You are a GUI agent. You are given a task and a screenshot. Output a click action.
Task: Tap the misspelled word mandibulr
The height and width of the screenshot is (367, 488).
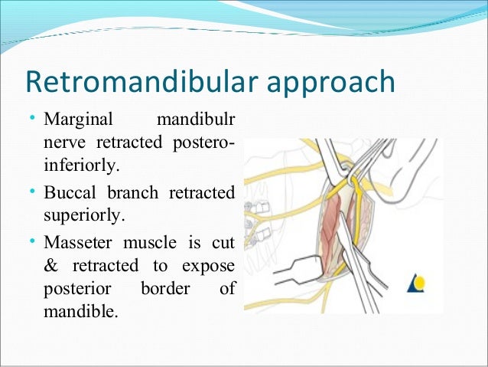click(x=196, y=121)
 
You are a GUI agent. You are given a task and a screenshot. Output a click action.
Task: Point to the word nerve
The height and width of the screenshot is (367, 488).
click(x=63, y=143)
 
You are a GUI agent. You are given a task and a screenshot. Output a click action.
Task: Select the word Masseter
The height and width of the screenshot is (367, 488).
click(x=80, y=244)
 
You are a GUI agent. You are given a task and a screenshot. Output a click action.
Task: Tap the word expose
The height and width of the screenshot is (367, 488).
click(x=209, y=267)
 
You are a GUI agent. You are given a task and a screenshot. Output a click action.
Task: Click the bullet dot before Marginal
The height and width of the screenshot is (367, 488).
click(x=31, y=120)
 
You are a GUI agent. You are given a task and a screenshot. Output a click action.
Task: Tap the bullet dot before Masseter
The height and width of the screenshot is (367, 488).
click(x=31, y=243)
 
